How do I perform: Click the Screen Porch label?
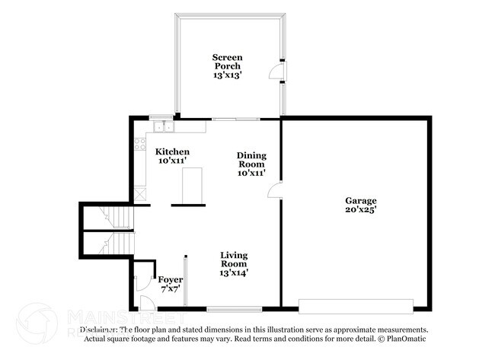[227, 62]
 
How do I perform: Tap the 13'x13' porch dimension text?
[227, 75]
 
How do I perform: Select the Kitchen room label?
[172, 152]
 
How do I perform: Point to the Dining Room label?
[251, 160]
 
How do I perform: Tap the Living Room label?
[234, 259]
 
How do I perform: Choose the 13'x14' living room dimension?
[234, 272]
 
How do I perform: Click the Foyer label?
[170, 279]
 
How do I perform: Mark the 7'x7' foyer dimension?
[170, 289]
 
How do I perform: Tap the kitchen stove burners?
[139, 142]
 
